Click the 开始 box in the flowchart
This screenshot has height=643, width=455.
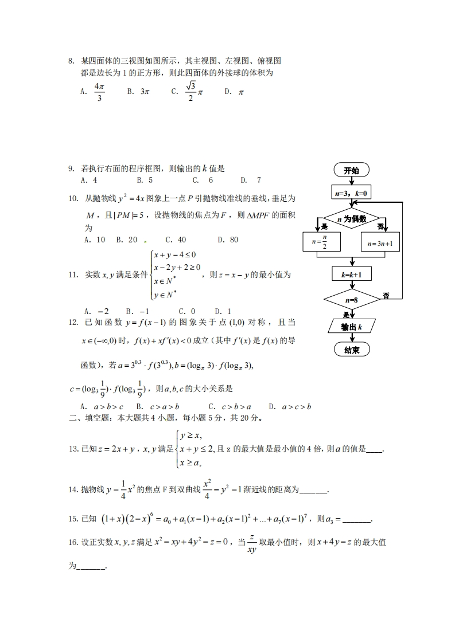[x=351, y=170]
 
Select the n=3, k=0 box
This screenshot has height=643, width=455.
[x=351, y=194]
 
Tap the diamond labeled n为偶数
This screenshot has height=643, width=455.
[x=351, y=218]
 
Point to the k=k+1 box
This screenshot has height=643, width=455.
[x=351, y=275]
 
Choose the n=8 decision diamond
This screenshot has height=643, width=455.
[x=351, y=300]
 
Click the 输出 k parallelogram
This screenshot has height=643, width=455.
[x=351, y=327]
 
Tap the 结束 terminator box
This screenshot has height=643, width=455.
[x=351, y=350]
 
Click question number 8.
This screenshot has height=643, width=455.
[x=71, y=61]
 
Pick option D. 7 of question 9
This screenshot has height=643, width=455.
[x=251, y=180]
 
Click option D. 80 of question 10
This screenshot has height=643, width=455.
[x=228, y=240]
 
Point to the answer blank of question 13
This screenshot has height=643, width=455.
[x=374, y=450]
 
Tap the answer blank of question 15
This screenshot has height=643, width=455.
[x=360, y=519]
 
